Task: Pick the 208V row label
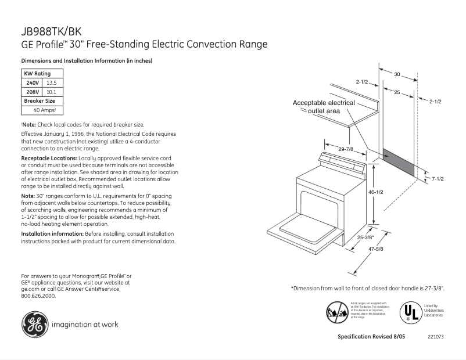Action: pyautogui.click(x=32, y=92)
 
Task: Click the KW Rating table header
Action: pyautogui.click(x=37, y=74)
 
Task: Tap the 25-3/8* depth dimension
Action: pyautogui.click(x=365, y=237)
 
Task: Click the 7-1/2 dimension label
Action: pyautogui.click(x=437, y=179)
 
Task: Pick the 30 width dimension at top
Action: pyautogui.click(x=397, y=74)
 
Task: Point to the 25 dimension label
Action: pyautogui.click(x=397, y=93)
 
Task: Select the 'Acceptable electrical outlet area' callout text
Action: pyautogui.click(x=324, y=107)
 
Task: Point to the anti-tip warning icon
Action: pyautogui.click(x=336, y=312)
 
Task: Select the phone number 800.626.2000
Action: pyautogui.click(x=38, y=296)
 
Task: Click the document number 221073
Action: pyautogui.click(x=435, y=337)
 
